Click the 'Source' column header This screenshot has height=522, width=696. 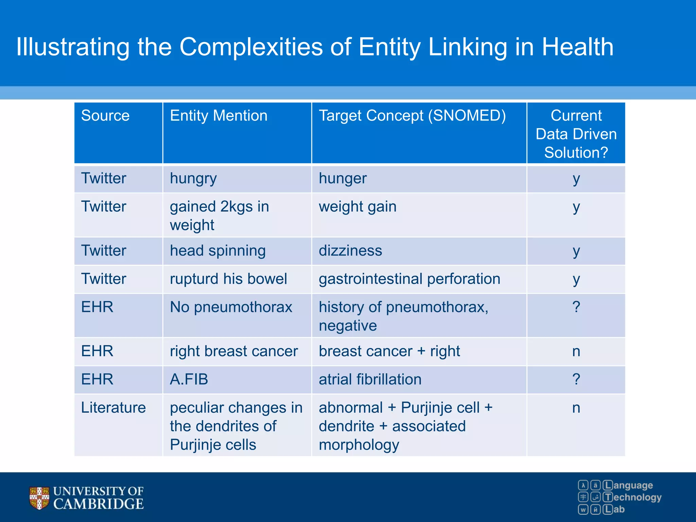point(105,116)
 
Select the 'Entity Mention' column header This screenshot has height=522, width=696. point(219,116)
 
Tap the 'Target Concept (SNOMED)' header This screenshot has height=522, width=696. point(412,116)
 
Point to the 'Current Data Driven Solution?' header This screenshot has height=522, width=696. point(576,134)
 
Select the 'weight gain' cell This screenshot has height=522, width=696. point(358,207)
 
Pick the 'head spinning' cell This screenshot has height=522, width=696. point(217,251)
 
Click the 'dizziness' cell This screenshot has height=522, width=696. point(350,251)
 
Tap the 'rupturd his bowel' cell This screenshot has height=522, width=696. point(228,279)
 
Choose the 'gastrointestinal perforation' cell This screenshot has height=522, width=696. point(410,279)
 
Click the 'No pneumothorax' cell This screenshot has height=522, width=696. point(231,307)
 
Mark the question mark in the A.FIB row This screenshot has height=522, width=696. point(576,379)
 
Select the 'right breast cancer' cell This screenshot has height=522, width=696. point(234,351)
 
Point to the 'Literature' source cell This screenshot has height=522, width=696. point(114,407)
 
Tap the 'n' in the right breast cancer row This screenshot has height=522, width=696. point(576,351)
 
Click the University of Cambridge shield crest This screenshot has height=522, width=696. point(39,498)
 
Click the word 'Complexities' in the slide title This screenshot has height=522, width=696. point(251,47)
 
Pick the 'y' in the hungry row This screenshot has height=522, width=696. point(576,179)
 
